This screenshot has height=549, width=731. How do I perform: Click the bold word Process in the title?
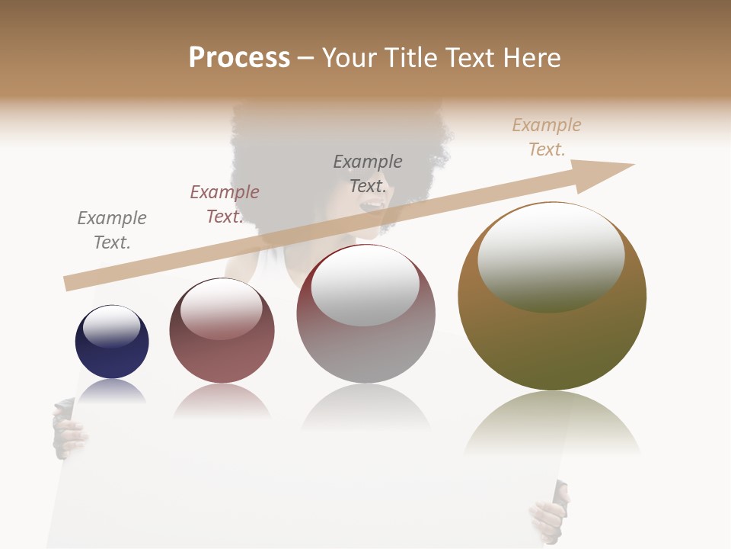coord(239,58)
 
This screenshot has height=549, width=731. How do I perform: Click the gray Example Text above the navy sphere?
coord(112,230)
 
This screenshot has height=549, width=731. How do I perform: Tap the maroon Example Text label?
coord(225,204)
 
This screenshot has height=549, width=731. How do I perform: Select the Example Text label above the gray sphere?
coord(368,174)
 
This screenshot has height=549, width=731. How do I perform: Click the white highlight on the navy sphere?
coord(112,326)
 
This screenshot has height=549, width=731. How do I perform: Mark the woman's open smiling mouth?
coord(374,205)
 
